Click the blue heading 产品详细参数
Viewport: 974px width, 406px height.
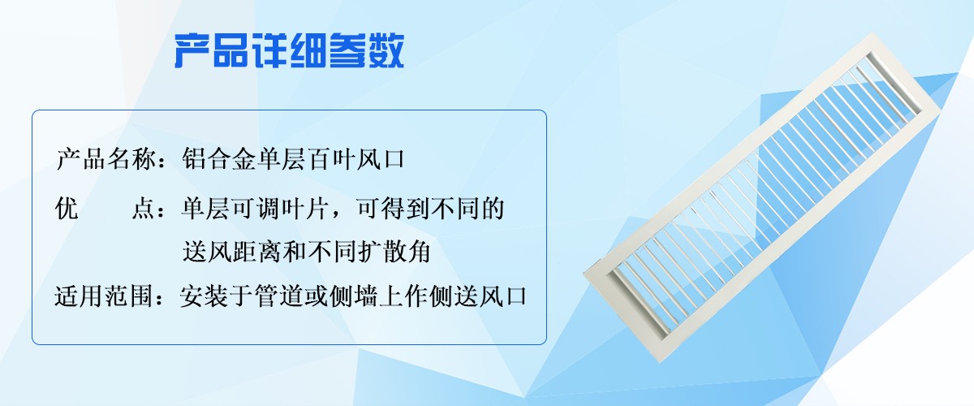289,50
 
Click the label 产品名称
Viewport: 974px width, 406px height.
106,159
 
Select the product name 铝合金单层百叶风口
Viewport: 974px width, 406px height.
294,159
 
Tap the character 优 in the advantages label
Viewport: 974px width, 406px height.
67,209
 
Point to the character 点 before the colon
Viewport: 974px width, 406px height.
143,209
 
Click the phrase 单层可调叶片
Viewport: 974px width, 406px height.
255,209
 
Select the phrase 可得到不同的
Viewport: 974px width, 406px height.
430,209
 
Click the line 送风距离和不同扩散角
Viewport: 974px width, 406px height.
307,252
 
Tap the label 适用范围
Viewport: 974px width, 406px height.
104,296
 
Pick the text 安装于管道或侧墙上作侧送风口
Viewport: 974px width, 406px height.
353,296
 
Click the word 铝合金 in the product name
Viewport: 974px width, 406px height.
218,159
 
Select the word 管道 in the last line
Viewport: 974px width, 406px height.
279,296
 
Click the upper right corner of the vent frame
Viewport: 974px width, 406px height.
939,110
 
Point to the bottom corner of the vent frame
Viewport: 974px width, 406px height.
661,362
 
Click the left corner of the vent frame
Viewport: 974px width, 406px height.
584,272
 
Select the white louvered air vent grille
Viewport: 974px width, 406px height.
761,197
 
